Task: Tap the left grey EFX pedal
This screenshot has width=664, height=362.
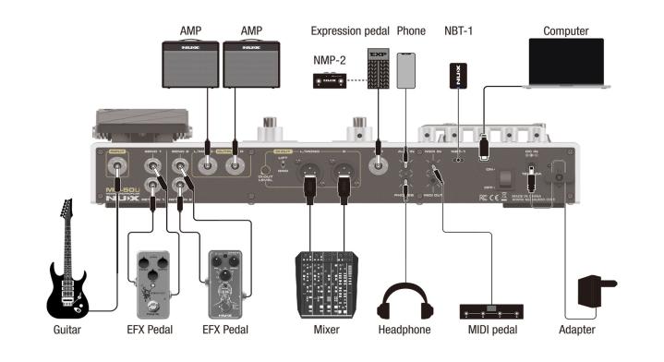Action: click(x=150, y=277)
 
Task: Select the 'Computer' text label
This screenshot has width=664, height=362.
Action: click(x=566, y=31)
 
